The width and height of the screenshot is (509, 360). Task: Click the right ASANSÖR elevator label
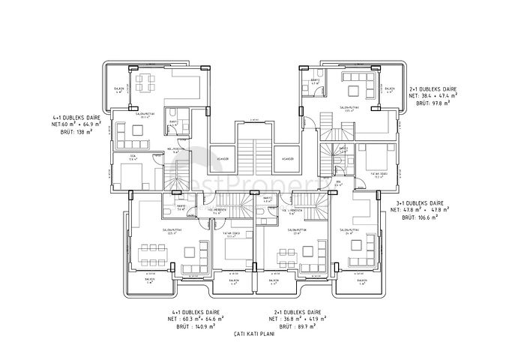[x=286, y=160]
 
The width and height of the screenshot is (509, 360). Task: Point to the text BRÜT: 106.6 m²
[x=420, y=218]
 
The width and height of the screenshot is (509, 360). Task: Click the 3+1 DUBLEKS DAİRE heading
[x=421, y=202]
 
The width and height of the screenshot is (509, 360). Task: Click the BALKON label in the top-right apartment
[x=390, y=88]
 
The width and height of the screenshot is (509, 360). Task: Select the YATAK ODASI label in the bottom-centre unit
[x=233, y=233]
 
